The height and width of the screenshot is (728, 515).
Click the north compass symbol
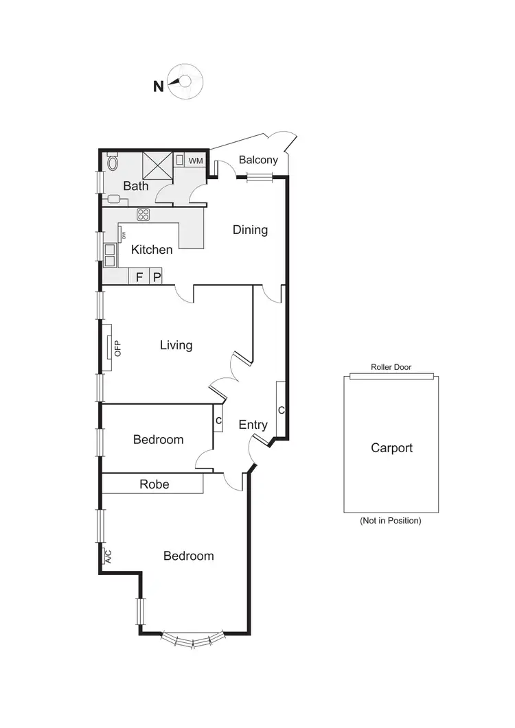[x=186, y=82]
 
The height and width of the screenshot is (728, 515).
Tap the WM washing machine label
[x=196, y=161]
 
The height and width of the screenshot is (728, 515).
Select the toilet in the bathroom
[x=113, y=163]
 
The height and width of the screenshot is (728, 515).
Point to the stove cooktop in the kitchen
[x=143, y=214]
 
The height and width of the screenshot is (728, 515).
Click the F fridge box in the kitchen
[x=139, y=277]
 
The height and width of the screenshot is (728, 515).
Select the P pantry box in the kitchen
[x=157, y=277]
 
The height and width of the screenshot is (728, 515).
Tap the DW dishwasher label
[x=124, y=235]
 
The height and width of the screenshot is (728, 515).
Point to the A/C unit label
[x=107, y=556]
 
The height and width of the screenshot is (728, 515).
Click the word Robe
[x=154, y=484]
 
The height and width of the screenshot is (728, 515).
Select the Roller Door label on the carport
[x=391, y=368]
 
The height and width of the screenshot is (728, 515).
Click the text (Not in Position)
[x=390, y=521]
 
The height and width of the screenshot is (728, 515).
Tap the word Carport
[x=391, y=448]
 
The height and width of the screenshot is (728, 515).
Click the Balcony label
[x=258, y=160]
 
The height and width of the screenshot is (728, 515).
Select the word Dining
[x=250, y=230]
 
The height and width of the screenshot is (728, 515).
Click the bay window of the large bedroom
[x=192, y=640]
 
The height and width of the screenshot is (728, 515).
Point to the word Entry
[x=253, y=425]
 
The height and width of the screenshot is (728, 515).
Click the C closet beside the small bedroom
[x=218, y=420]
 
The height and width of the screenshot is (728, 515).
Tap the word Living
[x=176, y=345]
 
